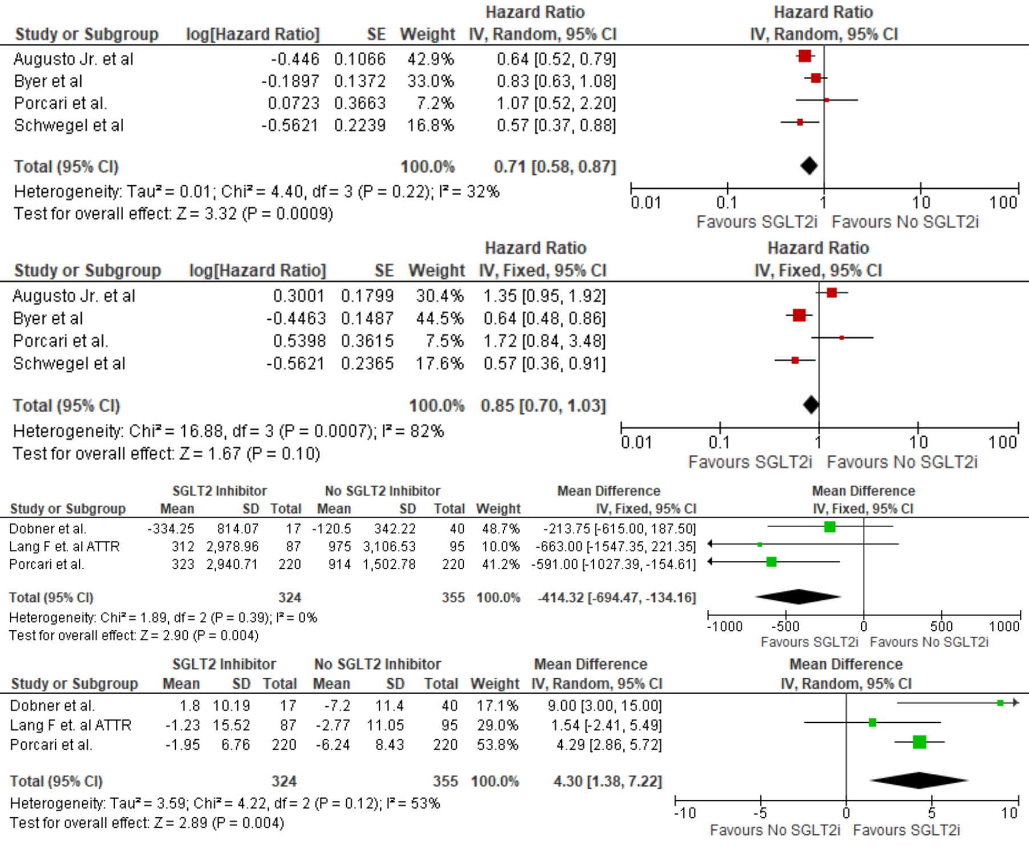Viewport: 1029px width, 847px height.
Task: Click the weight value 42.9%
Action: pos(430,59)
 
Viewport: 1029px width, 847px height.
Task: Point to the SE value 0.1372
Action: pos(359,82)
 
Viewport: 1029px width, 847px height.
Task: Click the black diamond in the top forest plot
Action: pos(809,166)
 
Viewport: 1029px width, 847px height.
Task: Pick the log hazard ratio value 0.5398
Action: pos(299,341)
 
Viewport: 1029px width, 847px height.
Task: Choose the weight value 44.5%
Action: pos(439,318)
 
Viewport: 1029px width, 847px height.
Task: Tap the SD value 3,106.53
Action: pos(389,547)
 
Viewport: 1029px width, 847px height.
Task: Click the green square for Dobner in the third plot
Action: pos(830,527)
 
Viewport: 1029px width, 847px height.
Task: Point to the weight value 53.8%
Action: pos(497,745)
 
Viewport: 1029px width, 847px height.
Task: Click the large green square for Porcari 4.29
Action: pos(919,742)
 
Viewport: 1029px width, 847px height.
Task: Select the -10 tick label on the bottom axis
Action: pos(684,813)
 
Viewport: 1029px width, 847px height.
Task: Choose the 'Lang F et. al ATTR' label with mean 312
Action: pos(64,547)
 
